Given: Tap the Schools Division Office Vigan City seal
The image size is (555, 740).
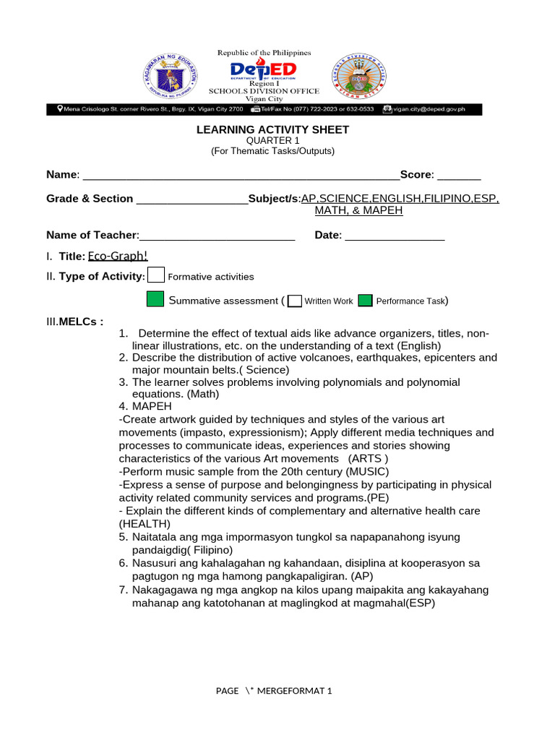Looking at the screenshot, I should click(x=359, y=76).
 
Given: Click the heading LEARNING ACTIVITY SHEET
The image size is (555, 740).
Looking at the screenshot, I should click(x=273, y=129).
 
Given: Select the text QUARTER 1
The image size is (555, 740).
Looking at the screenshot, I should click(x=272, y=140).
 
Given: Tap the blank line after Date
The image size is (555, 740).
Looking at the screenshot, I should click(x=395, y=236).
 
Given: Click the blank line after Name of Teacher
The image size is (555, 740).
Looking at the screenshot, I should click(x=217, y=236).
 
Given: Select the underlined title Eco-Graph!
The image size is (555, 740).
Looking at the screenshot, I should click(x=118, y=256).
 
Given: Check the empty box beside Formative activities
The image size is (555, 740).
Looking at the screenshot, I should click(x=155, y=275).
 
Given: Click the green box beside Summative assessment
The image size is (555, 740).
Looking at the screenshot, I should click(x=155, y=299).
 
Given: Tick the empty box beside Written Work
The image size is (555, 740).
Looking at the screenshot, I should click(x=294, y=301).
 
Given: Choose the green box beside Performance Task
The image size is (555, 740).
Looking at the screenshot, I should click(x=366, y=301).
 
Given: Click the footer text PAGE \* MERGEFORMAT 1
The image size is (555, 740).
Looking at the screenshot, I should click(x=274, y=691).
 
